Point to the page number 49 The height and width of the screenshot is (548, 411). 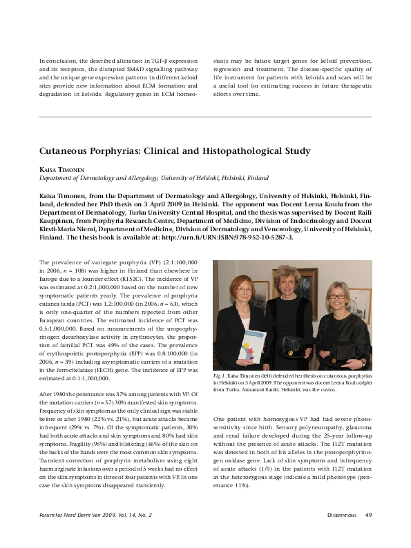click(x=368, y=534)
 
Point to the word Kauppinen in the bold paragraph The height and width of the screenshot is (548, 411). click(x=60, y=221)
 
